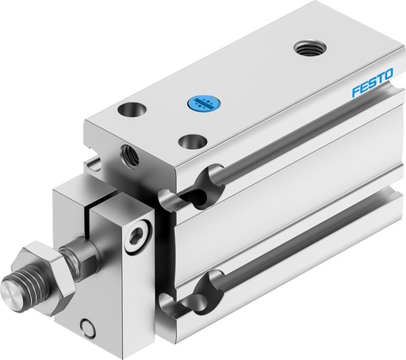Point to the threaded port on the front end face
[x=128, y=152]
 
